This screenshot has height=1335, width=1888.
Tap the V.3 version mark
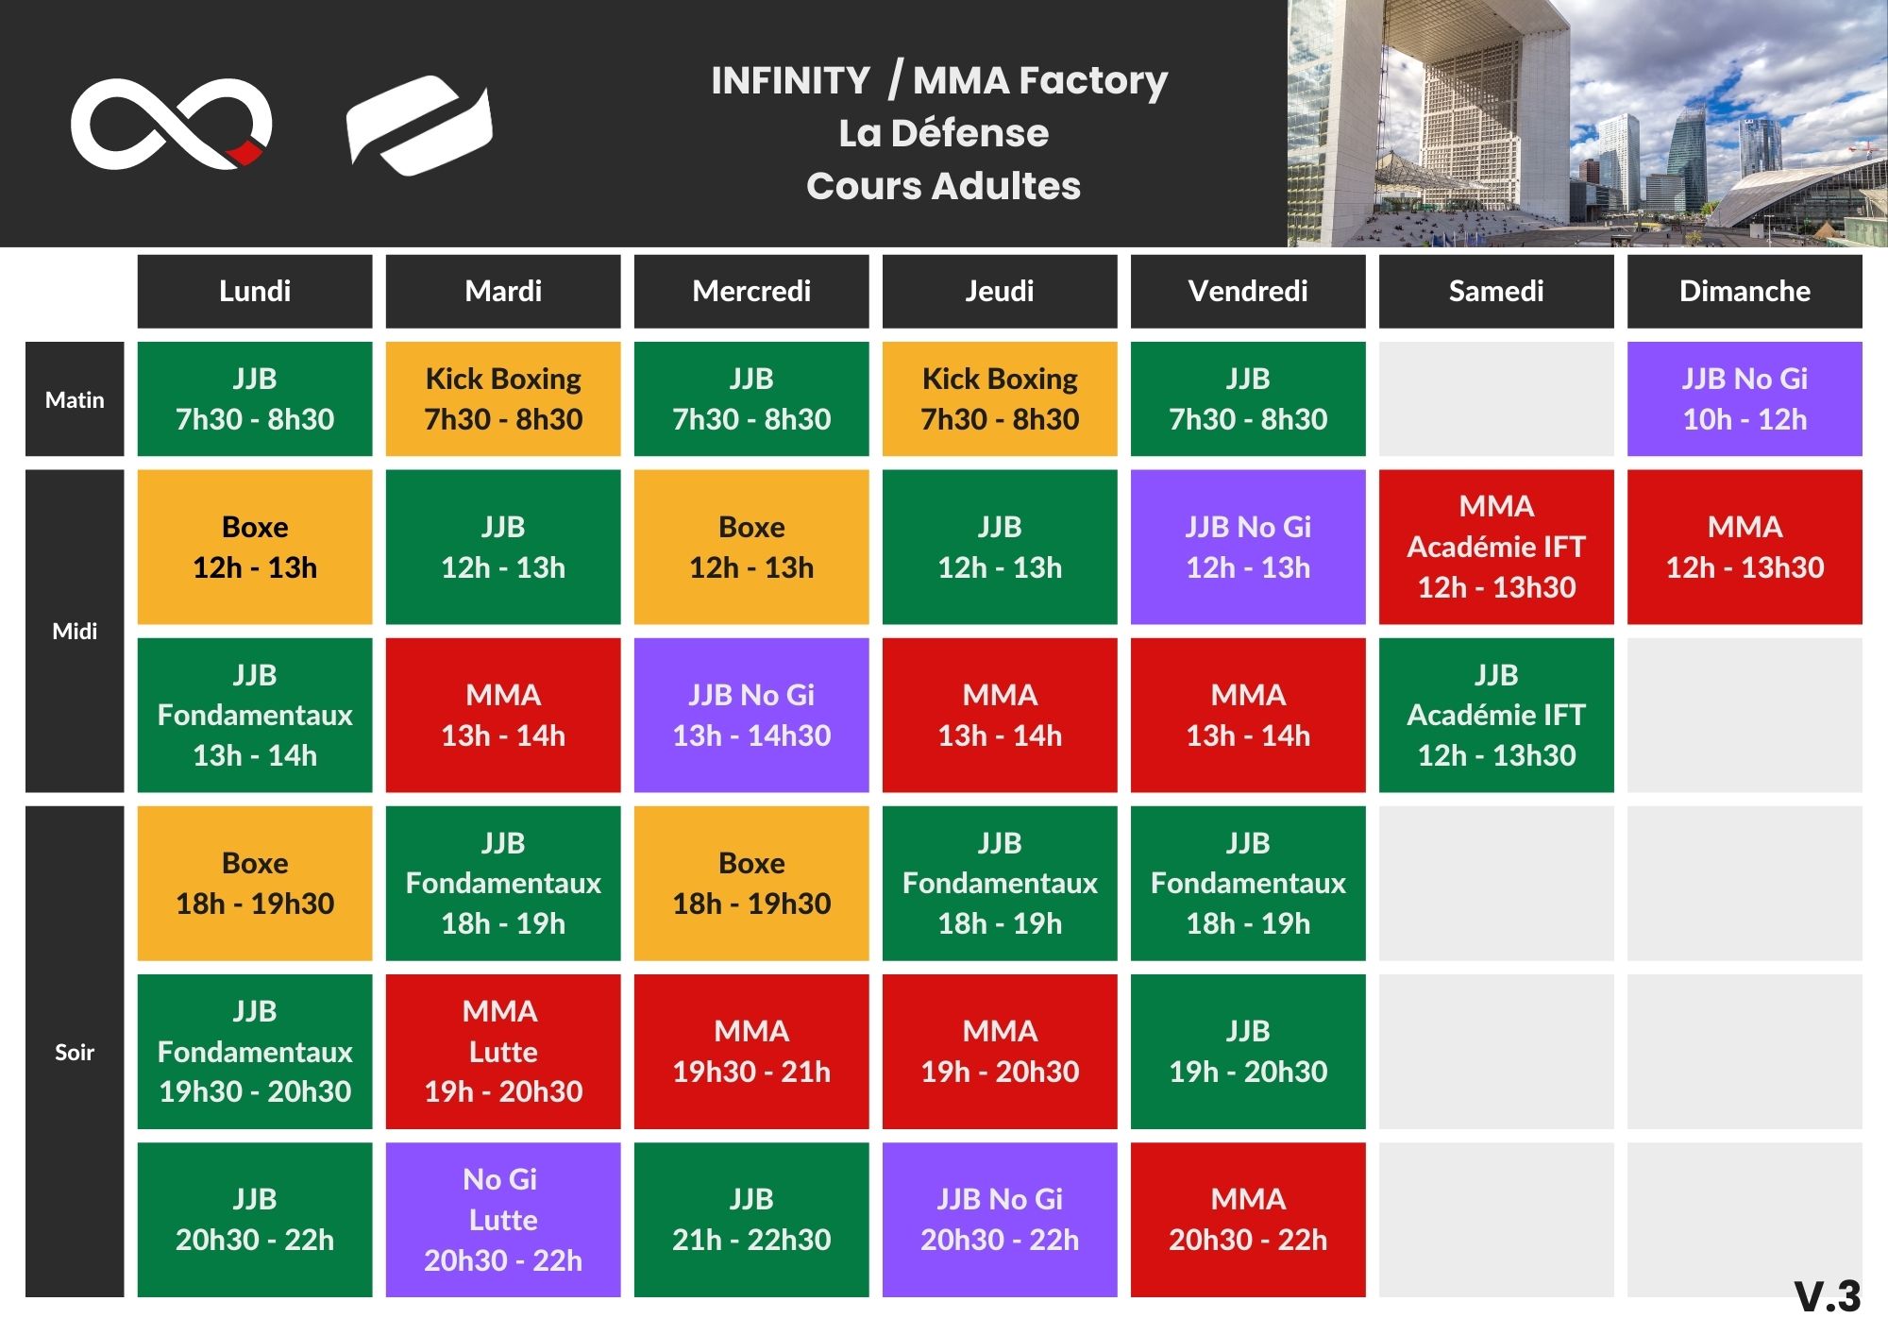(1828, 1296)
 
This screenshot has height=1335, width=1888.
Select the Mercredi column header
(751, 291)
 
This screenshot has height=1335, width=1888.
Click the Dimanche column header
(1745, 291)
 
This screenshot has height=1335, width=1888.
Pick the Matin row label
(75, 399)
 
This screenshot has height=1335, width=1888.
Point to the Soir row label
(75, 1052)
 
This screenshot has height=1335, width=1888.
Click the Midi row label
(75, 631)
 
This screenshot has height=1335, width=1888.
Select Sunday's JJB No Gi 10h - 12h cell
(1745, 399)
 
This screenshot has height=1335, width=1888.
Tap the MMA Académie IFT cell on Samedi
(1496, 547)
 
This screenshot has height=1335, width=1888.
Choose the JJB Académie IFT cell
(1496, 715)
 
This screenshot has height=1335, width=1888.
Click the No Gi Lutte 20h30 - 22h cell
(503, 1220)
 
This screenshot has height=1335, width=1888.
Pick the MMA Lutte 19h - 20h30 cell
(503, 1052)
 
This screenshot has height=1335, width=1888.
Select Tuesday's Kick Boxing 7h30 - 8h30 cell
(503, 399)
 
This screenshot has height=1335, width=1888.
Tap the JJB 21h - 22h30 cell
(751, 1220)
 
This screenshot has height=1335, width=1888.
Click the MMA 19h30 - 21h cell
(751, 1052)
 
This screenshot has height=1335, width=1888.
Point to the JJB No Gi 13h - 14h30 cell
(751, 715)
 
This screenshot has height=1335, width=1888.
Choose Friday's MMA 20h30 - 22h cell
(1248, 1220)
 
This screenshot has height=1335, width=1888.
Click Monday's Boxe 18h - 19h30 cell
(255, 883)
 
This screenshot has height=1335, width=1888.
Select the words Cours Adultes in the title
(943, 186)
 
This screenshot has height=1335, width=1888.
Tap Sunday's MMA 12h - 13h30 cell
(1745, 547)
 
